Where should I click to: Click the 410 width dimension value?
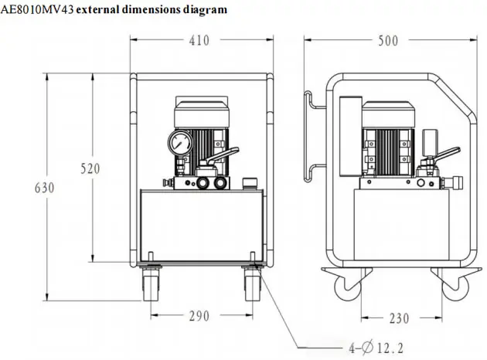[x=199, y=40]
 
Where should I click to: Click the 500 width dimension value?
[x=388, y=41]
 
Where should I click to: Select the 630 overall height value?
[x=44, y=188]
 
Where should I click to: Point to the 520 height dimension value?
[x=90, y=168]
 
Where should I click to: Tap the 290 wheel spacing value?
[x=199, y=316]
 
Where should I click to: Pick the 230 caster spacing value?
[x=399, y=318]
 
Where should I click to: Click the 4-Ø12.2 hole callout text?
[x=376, y=348]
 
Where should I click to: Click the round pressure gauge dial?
[x=180, y=143]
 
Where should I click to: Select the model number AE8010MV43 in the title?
[x=37, y=9]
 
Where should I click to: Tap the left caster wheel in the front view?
[x=151, y=284]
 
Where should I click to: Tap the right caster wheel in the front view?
[x=253, y=284]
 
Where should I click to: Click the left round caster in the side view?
[x=348, y=287]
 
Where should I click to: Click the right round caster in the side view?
[x=455, y=287]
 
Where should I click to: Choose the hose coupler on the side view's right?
[x=452, y=182]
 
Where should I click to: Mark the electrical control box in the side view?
[x=351, y=137]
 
